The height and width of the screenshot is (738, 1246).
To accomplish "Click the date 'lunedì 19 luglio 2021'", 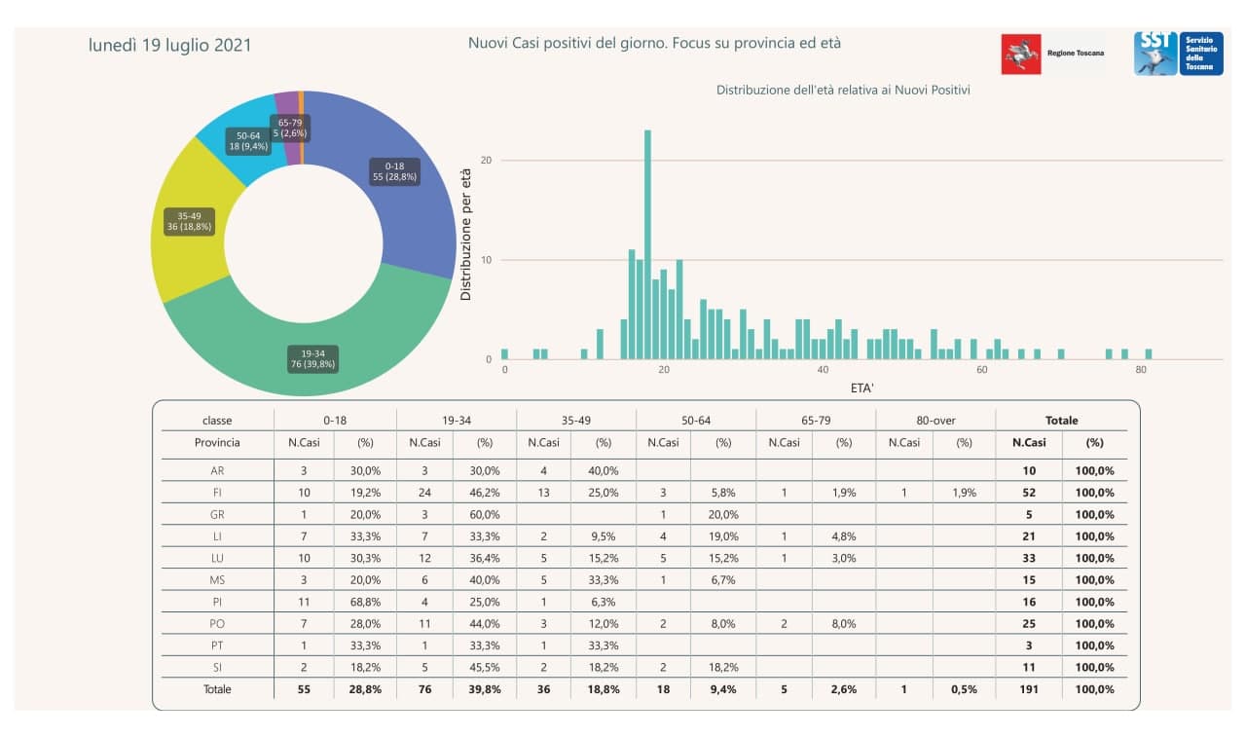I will click(169, 45).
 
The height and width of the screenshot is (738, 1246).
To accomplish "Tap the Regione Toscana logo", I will click(1052, 54).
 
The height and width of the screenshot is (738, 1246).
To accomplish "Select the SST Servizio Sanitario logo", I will click(1178, 54).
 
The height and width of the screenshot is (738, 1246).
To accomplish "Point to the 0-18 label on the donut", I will click(395, 171).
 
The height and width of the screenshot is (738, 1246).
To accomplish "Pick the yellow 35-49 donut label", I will click(189, 220).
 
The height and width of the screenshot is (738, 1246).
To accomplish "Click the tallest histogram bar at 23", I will click(647, 243).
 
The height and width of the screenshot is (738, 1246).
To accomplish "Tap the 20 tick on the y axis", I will click(488, 160).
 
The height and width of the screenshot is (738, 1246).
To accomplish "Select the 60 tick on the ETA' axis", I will click(981, 371).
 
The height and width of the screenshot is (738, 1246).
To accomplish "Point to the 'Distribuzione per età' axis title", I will click(466, 235).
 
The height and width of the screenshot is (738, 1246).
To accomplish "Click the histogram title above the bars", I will click(843, 90).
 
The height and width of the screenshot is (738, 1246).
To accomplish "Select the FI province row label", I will click(217, 493).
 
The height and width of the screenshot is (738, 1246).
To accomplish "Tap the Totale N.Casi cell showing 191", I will click(1029, 689).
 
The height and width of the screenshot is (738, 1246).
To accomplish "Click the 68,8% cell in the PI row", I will click(365, 602).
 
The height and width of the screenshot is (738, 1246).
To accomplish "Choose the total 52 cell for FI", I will click(1029, 493).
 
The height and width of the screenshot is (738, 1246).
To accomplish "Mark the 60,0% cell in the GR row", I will click(485, 514).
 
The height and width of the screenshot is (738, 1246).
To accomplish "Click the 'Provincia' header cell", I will click(217, 443).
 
